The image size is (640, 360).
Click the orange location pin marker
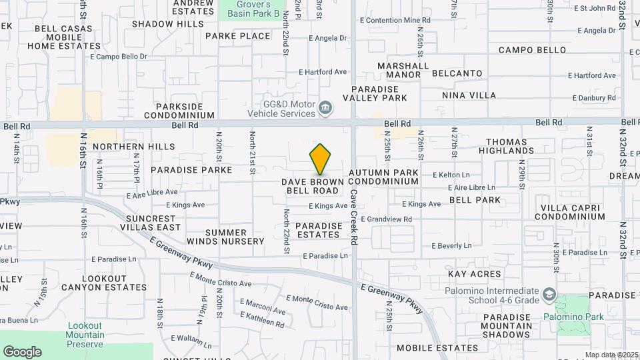pos(321,159)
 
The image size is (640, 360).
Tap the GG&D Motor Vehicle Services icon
pos(325,108)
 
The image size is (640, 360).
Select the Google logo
pos(22,352)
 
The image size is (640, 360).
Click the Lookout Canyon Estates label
pos(103,283)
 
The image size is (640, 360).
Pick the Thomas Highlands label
pos(510,146)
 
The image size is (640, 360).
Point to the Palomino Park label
pos(573,317)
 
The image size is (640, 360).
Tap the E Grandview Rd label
pos(389,219)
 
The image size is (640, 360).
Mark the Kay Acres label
pos(474,274)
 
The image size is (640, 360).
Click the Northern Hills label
pos(133,147)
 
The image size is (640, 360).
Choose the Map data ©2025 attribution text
pos(610,355)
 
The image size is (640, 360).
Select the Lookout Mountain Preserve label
pos(85,335)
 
